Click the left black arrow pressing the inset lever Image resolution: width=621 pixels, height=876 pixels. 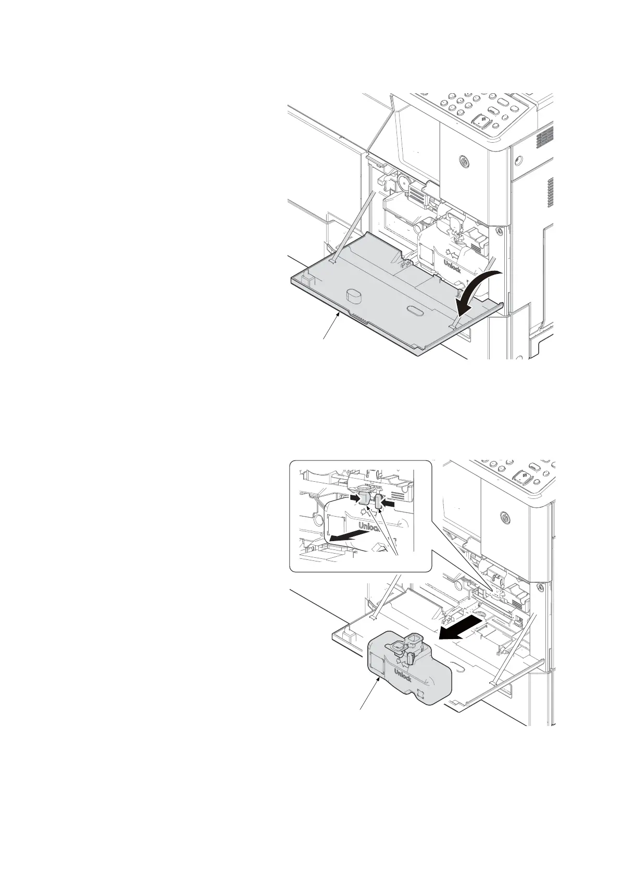click(x=354, y=498)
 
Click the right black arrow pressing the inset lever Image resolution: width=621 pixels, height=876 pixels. click(x=391, y=504)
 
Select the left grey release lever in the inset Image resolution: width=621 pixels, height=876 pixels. click(x=365, y=501)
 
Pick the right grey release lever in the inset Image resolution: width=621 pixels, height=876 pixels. click(x=379, y=503)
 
